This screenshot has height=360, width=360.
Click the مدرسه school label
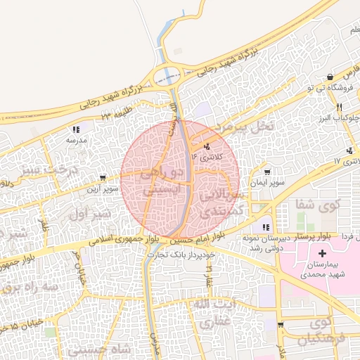coord(76,140)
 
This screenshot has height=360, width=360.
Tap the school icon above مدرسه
coord(76,129)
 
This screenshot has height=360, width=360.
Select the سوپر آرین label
coord(103,188)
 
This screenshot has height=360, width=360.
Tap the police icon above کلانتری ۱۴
coord(207,146)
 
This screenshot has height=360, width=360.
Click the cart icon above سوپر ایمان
coord(267,172)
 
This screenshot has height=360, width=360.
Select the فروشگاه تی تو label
coord(330,87)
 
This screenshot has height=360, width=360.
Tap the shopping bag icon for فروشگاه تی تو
coord(331,76)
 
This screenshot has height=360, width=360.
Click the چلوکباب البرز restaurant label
coord(340,117)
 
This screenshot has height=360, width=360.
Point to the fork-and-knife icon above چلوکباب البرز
coord(339,107)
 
